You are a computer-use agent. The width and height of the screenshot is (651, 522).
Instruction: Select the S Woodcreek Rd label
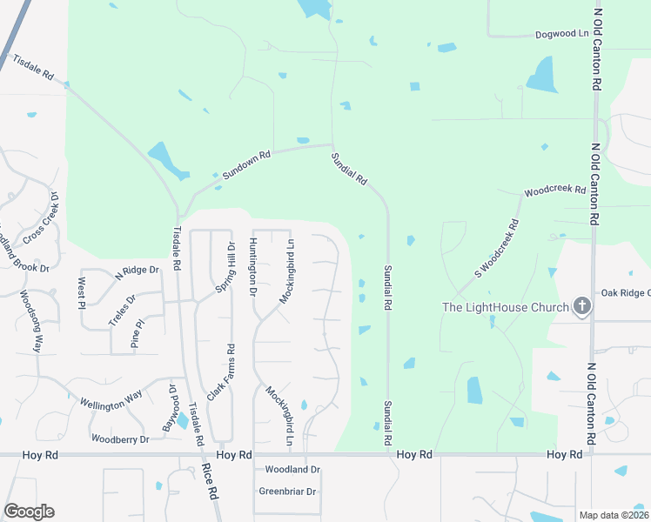497,248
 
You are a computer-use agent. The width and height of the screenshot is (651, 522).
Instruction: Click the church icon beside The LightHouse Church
582,306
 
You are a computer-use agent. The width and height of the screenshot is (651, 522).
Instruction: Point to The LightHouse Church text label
506,307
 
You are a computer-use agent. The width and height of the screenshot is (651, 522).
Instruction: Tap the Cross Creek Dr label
41,218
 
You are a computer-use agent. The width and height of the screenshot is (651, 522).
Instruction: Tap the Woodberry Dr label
120,439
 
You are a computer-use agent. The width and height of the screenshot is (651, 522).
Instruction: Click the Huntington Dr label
253,266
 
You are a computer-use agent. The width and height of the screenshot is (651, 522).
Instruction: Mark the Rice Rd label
211,480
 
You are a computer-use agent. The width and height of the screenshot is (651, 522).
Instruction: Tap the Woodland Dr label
292,470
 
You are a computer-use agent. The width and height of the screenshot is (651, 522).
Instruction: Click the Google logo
29,512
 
